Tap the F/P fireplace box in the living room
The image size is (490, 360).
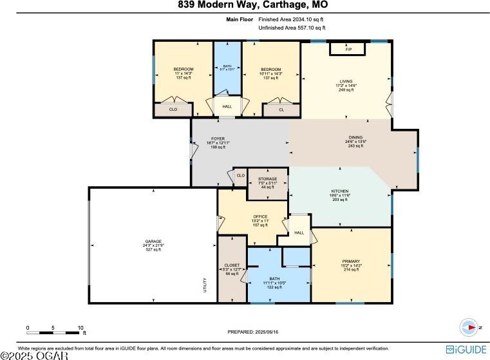pos(348,49)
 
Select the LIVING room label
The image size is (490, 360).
pos(346,81)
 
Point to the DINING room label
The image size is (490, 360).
pos(355,137)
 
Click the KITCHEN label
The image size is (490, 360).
pos(341,191)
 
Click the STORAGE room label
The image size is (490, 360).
pos(267,179)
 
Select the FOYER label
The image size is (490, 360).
pos(218,138)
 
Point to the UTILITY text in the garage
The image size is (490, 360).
pos(205,283)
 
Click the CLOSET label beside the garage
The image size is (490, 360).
pos(232,265)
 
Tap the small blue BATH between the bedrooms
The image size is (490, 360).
pos(227,66)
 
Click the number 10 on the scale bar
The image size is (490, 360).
pos(81,328)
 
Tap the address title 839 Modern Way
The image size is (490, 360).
pos(245,6)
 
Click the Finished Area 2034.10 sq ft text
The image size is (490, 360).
pos(292,21)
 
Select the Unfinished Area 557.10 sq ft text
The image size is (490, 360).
pos(292,28)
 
